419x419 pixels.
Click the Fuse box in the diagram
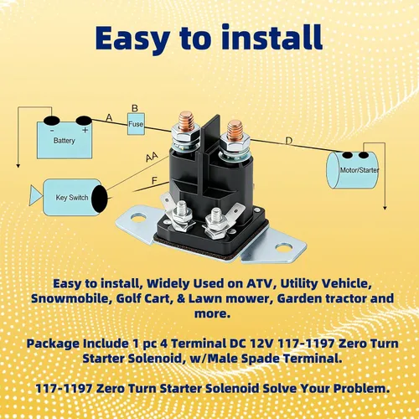136,124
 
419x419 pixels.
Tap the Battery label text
65,140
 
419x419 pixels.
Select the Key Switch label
72,198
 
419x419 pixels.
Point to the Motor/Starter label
360,170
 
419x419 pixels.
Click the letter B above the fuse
135,108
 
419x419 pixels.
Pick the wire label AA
152,158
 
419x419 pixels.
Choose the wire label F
154,181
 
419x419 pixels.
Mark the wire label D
289,141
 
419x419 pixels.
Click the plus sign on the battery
85,130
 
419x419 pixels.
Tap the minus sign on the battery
52,131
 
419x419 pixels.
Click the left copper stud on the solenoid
187,122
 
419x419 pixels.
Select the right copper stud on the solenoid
235,130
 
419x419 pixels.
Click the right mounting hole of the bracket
284,247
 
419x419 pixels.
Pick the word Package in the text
53,344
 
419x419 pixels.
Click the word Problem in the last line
361,388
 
